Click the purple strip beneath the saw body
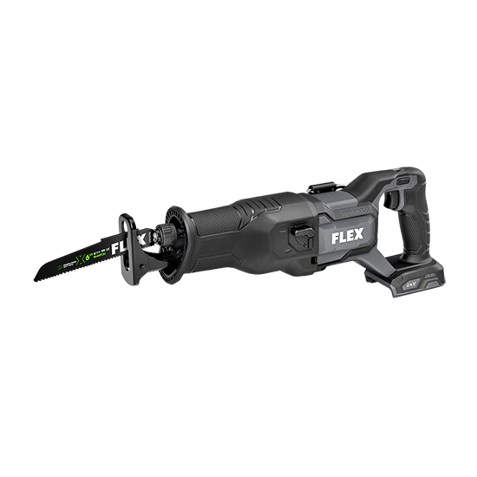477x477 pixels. pos(260,280)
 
